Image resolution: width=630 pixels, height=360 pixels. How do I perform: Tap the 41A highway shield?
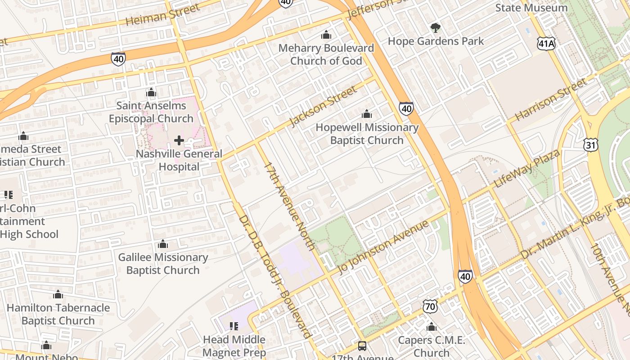pos(546,43)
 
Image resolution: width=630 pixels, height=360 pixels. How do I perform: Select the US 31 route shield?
pos(591,144)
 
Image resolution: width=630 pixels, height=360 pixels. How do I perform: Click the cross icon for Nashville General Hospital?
pos(179,141)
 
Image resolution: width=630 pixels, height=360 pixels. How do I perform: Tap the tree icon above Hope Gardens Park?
pos(435,28)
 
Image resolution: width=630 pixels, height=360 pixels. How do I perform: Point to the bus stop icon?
pos(362,346)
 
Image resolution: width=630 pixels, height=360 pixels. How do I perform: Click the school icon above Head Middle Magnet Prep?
pos(234,326)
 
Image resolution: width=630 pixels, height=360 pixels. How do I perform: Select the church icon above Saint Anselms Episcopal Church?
pos(151,93)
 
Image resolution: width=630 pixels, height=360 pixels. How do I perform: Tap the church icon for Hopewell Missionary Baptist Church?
pos(367,114)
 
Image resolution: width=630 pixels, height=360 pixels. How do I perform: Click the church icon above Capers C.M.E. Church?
pos(431,327)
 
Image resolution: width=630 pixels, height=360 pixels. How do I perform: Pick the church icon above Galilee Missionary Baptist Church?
pos(163,244)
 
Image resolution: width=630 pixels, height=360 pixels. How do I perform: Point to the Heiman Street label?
pos(162,15)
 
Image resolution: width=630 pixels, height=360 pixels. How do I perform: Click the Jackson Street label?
pos(323,107)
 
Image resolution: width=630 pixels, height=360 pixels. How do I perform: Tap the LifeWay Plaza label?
pos(527,169)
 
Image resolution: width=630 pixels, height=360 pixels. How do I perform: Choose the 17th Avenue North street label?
pos(289,206)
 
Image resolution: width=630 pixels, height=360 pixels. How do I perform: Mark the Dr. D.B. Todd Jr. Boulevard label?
pos(274,277)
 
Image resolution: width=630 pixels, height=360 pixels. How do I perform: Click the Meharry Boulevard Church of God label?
pos(326,54)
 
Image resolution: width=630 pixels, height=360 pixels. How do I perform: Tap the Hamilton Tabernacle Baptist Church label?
pos(58,314)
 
